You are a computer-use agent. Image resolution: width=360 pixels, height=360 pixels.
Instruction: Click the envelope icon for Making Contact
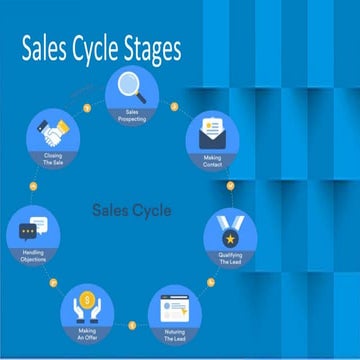[x=213, y=131]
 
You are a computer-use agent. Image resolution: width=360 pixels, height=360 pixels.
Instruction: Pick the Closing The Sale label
[x=53, y=160]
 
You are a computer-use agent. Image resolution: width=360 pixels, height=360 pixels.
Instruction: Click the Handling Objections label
[x=31, y=253]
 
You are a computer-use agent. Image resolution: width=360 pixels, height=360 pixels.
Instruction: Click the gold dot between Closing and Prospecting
[x=88, y=104]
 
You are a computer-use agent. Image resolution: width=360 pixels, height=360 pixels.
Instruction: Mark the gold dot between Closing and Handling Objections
[x=34, y=185]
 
